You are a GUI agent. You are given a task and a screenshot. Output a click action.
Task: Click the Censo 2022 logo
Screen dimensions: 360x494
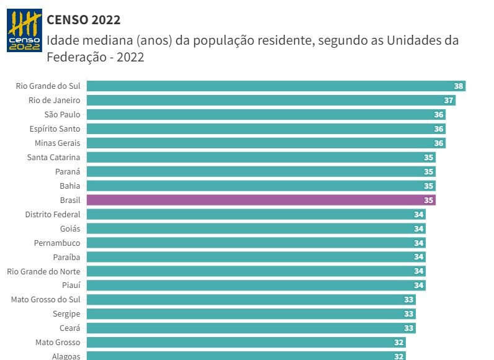click(x=24, y=30)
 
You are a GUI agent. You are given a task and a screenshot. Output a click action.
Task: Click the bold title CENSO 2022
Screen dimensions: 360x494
click(x=83, y=20)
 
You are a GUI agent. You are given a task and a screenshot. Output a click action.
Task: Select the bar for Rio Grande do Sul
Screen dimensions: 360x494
click(x=276, y=86)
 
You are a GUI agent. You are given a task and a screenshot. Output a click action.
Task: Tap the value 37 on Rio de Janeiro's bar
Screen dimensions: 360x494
click(x=449, y=101)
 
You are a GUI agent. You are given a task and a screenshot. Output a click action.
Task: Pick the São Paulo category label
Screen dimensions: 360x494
click(x=62, y=114)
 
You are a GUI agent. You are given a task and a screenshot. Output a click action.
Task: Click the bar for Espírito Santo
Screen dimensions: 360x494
click(x=266, y=128)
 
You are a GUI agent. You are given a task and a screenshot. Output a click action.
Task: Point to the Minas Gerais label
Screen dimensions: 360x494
click(x=57, y=143)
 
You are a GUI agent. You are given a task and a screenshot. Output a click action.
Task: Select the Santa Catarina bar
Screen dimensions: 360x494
click(x=261, y=157)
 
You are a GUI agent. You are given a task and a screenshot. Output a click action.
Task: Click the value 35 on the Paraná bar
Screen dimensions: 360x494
click(x=428, y=172)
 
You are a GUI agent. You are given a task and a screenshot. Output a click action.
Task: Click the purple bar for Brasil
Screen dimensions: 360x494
click(x=261, y=200)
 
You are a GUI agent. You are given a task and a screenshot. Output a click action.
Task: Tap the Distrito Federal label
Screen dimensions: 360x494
click(x=53, y=214)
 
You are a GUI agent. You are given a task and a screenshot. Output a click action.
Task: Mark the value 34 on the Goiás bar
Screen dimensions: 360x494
click(x=418, y=229)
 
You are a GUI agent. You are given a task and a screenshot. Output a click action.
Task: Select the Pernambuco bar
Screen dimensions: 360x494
click(x=256, y=243)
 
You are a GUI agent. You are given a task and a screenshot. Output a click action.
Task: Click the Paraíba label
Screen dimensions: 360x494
click(x=66, y=257)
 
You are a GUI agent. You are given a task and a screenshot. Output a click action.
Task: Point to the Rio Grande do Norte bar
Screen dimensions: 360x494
click(x=256, y=271)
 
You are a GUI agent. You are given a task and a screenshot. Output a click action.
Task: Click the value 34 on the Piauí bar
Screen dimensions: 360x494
click(x=418, y=286)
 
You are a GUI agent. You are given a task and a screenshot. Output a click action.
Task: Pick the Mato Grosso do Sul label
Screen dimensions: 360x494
click(x=46, y=300)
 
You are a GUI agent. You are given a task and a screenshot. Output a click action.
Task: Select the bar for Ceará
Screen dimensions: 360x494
click(x=251, y=328)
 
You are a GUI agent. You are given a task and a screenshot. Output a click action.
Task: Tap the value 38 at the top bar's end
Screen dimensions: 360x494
click(x=459, y=86)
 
